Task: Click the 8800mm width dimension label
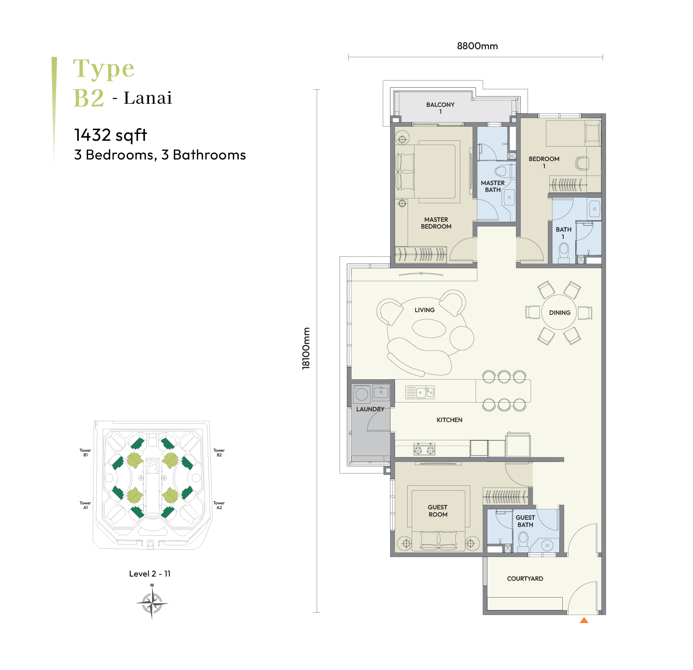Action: coord(477,46)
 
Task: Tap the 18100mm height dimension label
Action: coord(306,348)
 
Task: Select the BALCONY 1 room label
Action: coord(440,108)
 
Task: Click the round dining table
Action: coord(560,312)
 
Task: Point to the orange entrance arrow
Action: coord(584,620)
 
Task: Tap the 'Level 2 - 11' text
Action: coord(150,574)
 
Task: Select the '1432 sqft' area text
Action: coord(111,135)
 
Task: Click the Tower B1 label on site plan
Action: coord(85,453)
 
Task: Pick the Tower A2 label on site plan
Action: coord(219,505)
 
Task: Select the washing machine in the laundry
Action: coord(361,394)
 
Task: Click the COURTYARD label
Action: coord(525,579)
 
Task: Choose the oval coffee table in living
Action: coord(429,329)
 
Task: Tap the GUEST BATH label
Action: coord(525,521)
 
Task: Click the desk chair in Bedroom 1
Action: coord(582,163)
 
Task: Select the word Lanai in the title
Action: coord(148,98)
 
